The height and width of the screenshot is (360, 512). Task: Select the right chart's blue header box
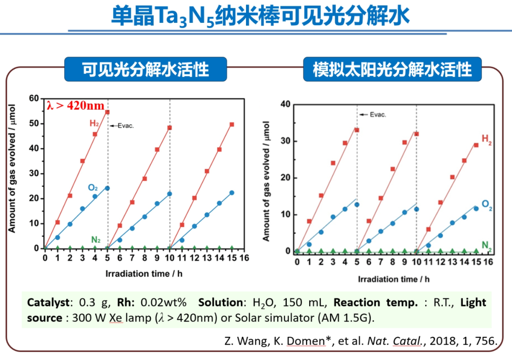tap(392, 69)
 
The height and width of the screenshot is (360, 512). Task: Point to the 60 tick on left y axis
tap(33, 99)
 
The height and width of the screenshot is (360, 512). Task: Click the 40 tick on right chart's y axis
tap(284, 104)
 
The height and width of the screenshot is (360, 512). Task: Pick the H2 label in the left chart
tap(95, 123)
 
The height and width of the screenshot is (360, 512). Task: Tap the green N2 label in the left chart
tap(96, 240)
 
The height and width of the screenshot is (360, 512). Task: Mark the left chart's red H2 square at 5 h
tap(107, 112)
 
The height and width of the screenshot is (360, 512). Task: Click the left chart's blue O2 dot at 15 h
tap(232, 193)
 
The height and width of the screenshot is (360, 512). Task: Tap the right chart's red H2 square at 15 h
tap(476, 145)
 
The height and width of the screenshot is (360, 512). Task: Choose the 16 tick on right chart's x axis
tap(488, 262)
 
